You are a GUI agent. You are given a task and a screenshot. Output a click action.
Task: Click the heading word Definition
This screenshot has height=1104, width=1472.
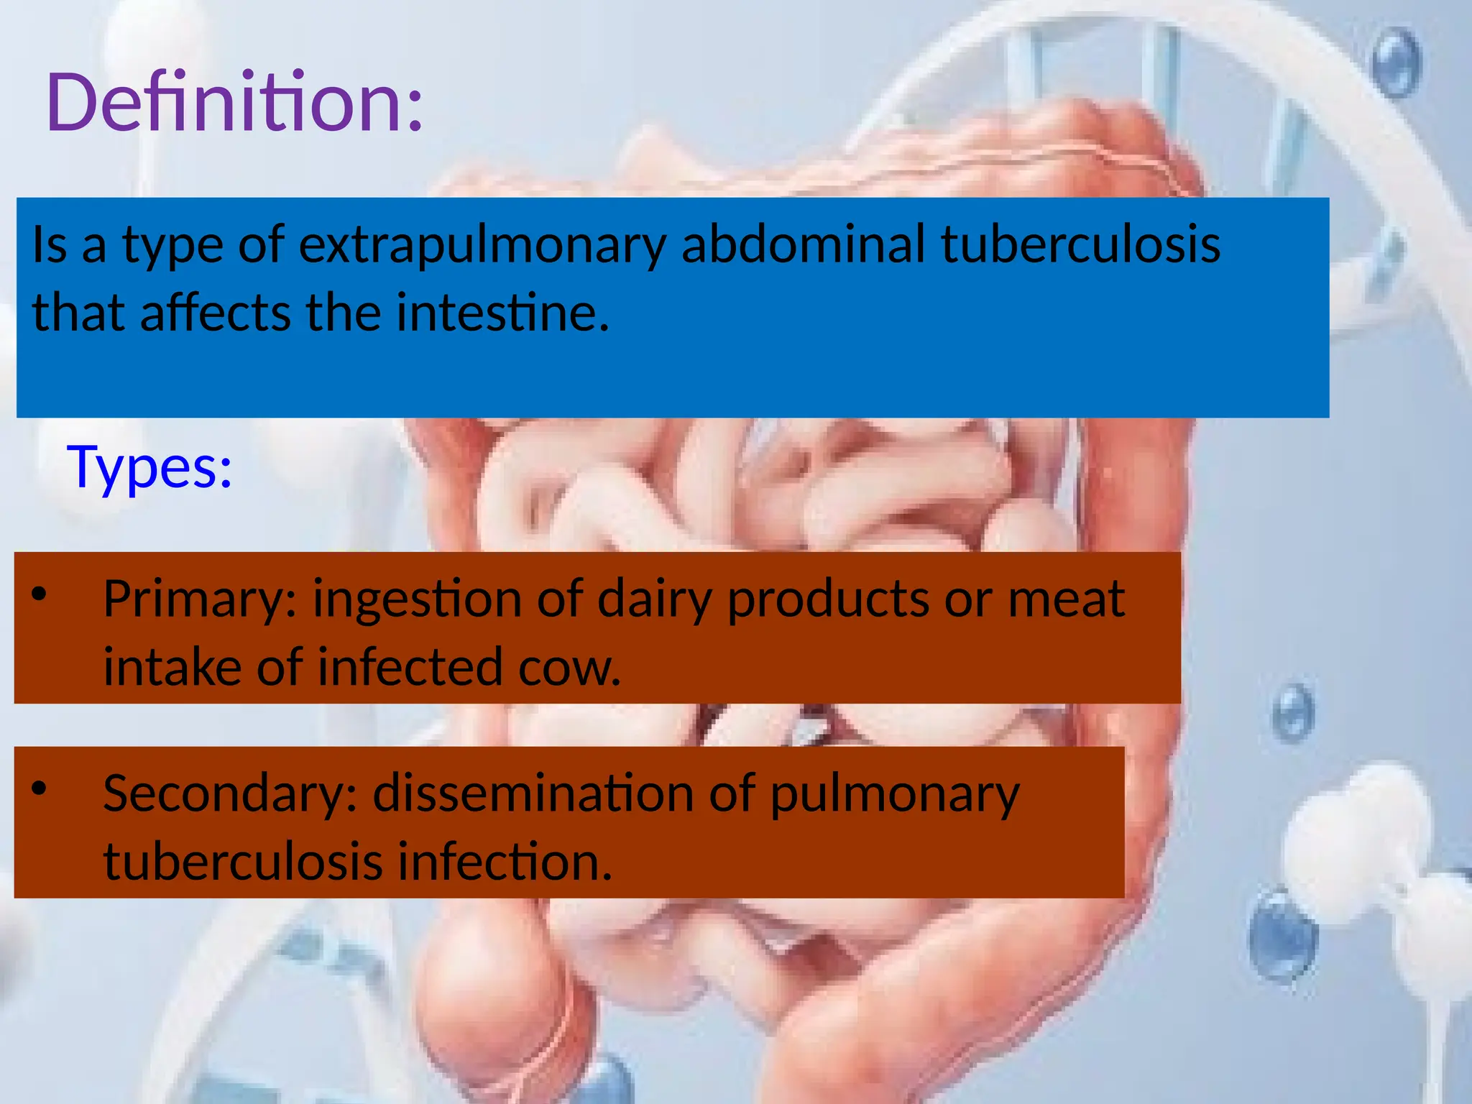(x=234, y=102)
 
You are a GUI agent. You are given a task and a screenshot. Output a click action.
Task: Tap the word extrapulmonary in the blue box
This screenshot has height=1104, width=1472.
(x=482, y=244)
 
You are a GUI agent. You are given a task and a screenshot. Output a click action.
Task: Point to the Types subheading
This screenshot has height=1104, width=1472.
(x=149, y=467)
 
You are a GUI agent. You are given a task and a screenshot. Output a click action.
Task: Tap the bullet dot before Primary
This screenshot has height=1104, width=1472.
(x=39, y=594)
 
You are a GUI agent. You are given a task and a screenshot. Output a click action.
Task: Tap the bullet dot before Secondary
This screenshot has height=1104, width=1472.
(x=39, y=788)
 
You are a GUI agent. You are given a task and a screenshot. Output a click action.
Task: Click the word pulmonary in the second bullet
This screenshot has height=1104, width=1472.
(x=895, y=794)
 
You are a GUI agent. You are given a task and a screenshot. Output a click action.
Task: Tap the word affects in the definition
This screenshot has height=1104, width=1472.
(x=216, y=313)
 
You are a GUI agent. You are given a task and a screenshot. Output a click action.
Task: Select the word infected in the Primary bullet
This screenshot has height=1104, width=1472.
(x=410, y=667)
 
